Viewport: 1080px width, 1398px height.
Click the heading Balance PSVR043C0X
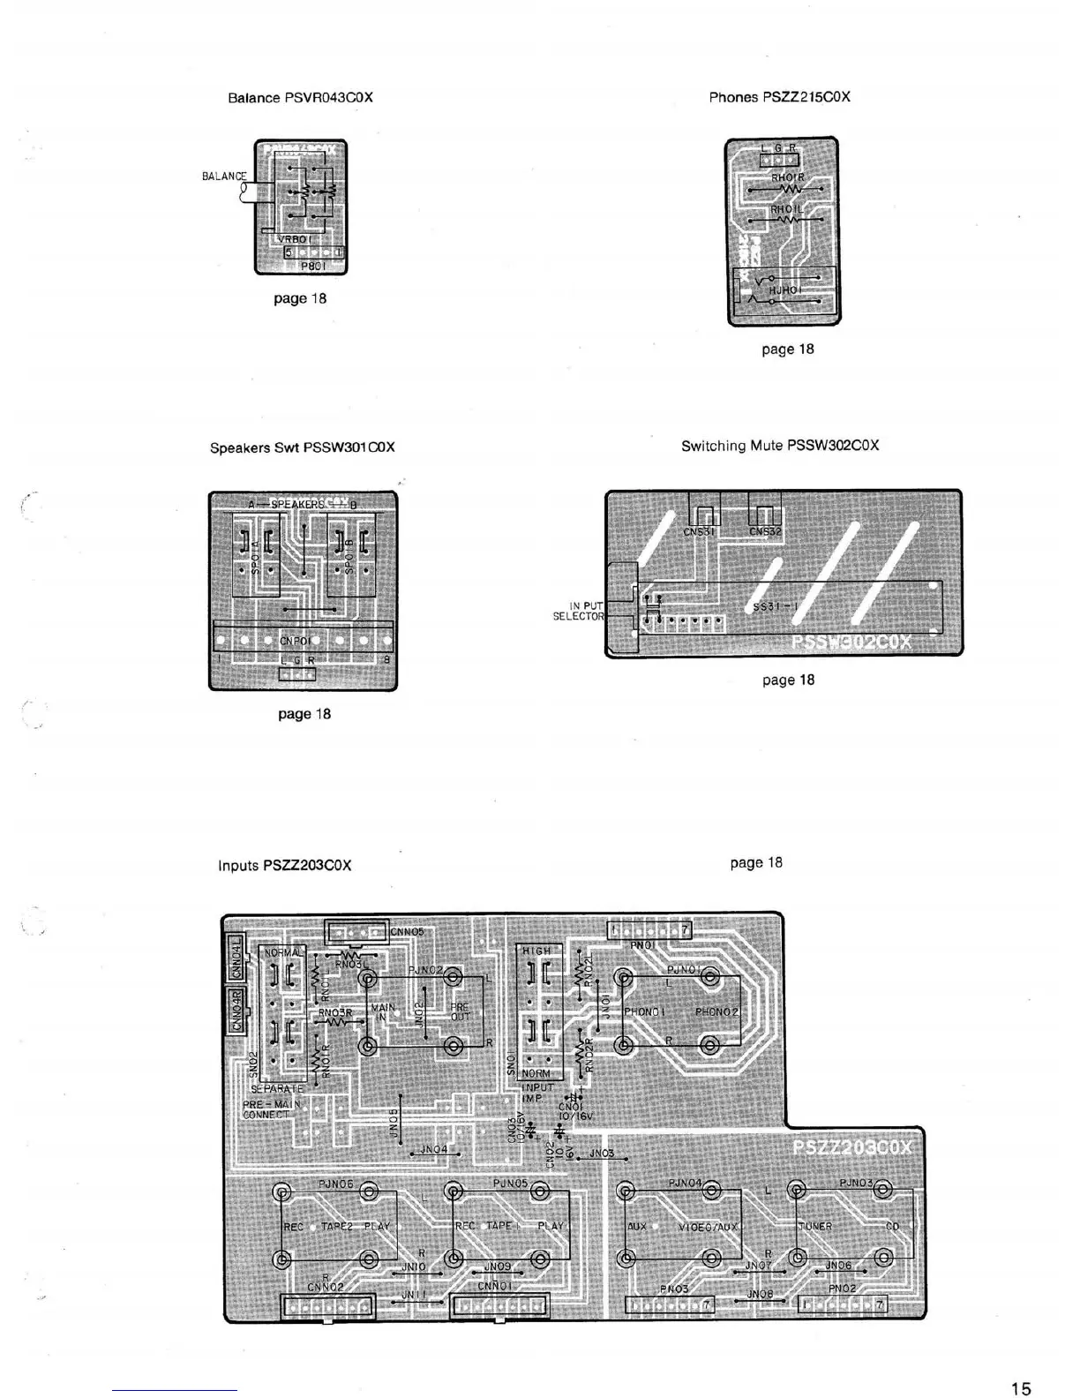point(300,98)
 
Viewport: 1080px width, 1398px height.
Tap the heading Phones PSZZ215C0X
point(779,97)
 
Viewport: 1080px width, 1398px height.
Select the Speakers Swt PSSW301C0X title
point(302,447)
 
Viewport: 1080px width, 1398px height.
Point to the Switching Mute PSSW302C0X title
point(779,446)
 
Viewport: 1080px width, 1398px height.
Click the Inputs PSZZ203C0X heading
point(284,865)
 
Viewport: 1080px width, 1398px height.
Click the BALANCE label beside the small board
point(224,176)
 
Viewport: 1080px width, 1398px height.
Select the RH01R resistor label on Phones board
point(787,177)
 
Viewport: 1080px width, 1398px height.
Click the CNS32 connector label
point(765,531)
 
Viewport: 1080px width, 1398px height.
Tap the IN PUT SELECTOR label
point(580,611)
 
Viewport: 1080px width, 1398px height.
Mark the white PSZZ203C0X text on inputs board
point(851,1147)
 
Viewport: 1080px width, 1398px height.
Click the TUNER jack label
point(815,1227)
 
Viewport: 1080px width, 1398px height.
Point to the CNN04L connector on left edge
point(236,958)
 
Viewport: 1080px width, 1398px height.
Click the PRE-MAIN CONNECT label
point(271,1109)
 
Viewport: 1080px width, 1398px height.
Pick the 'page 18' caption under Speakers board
point(304,714)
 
